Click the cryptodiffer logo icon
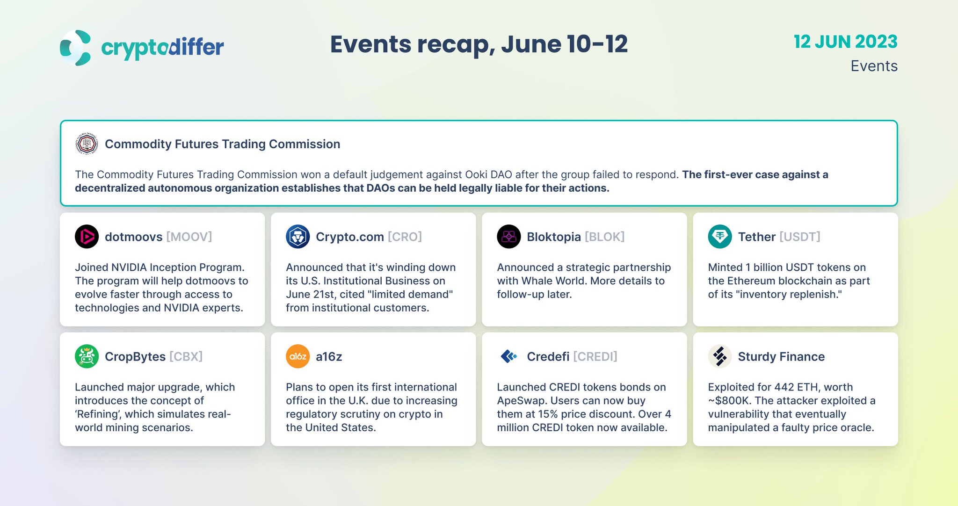click(75, 48)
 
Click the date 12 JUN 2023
click(845, 42)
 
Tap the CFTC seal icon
click(87, 144)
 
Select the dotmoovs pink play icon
click(87, 237)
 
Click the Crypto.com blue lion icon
click(298, 237)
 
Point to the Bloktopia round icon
click(508, 237)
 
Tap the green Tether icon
click(719, 237)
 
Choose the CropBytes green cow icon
click(87, 356)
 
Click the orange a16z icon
click(298, 356)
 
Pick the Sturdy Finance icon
click(719, 356)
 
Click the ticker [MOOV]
click(189, 237)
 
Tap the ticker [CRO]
click(405, 237)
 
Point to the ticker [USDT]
click(799, 237)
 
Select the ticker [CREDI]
click(595, 356)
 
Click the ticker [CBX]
click(186, 356)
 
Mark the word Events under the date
click(874, 66)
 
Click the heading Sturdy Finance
click(781, 356)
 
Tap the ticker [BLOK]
click(604, 237)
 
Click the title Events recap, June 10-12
click(479, 44)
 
